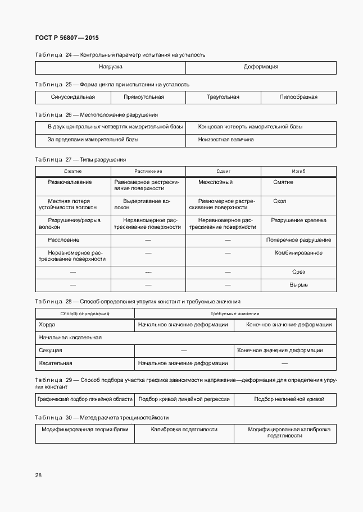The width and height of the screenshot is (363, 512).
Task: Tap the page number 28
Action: [x=38, y=475]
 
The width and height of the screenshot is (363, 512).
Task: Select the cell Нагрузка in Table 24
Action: [x=111, y=67]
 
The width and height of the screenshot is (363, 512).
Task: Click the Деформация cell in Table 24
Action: [x=261, y=67]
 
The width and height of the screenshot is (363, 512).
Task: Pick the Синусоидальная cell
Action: [x=73, y=97]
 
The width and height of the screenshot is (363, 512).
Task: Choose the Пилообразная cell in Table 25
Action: [x=298, y=97]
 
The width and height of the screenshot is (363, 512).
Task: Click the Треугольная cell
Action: [x=223, y=97]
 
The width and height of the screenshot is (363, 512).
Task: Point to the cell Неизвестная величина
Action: [x=226, y=139]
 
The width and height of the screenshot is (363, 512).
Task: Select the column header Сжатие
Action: [x=73, y=171]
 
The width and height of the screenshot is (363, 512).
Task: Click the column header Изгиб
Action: [x=298, y=171]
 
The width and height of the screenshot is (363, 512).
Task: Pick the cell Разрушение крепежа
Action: [x=298, y=220]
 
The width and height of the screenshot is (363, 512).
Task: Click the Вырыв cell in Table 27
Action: [x=298, y=285]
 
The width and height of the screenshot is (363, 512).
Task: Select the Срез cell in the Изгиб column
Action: [x=298, y=272]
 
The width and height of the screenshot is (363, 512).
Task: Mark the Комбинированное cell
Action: [x=298, y=253]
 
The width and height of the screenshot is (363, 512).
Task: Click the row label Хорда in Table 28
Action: [x=47, y=325]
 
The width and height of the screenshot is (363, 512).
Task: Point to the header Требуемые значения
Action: [x=235, y=314]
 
